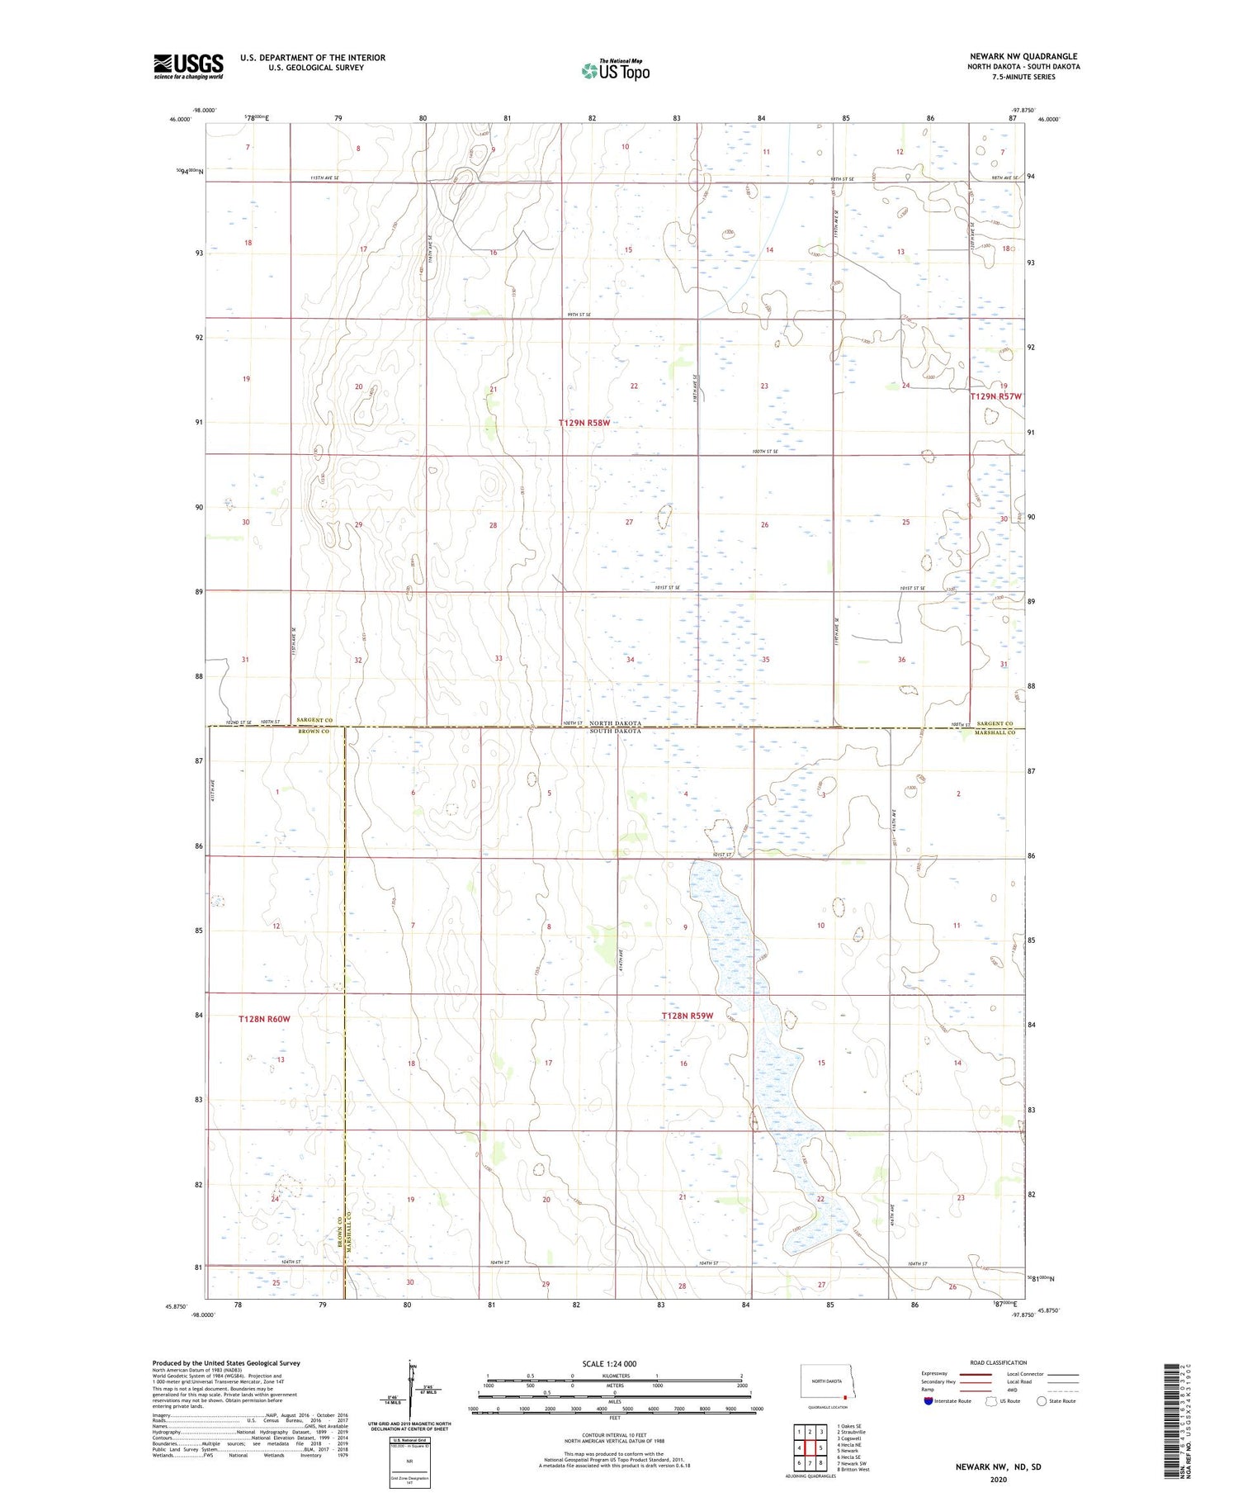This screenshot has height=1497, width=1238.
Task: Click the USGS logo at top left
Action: [x=188, y=66]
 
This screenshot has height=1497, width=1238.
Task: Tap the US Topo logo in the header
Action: [x=615, y=71]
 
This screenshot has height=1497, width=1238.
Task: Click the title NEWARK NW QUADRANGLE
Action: [x=1023, y=56]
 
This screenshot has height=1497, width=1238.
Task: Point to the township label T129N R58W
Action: [x=584, y=423]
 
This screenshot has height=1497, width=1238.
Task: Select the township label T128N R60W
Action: [x=264, y=1019]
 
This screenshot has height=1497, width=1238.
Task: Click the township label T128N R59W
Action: [x=687, y=1016]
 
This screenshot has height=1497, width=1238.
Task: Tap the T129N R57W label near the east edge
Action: [x=995, y=396]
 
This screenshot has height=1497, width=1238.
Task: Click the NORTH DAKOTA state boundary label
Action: [x=614, y=723]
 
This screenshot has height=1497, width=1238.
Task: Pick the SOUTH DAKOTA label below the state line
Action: [x=614, y=732]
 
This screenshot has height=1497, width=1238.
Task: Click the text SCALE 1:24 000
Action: [x=607, y=1363]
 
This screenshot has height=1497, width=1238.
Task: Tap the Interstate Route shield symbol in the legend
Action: [x=928, y=1401]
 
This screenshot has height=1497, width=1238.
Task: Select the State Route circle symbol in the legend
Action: [x=1042, y=1401]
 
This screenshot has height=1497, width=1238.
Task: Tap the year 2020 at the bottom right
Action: [x=999, y=1480]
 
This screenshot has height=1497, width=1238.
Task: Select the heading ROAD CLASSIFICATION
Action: [x=999, y=1362]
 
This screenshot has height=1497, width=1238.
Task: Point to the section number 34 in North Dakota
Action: [x=631, y=660]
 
